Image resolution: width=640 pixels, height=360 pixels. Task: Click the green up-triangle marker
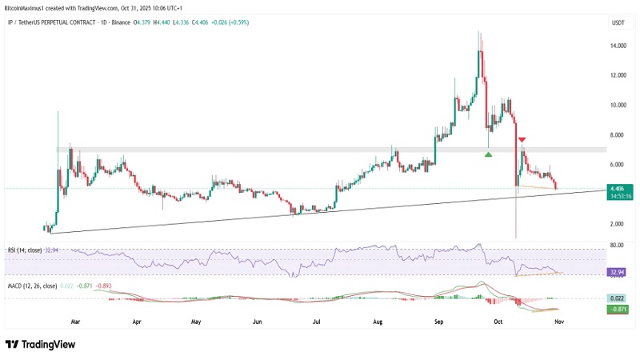(488, 153)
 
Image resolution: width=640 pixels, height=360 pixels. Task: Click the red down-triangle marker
(522, 138)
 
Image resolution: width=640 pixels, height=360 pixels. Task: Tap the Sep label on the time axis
(438, 320)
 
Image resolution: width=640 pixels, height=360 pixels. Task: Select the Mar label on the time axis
(75, 320)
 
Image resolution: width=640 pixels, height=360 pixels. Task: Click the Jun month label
(257, 320)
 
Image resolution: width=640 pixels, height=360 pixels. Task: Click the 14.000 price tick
(618, 46)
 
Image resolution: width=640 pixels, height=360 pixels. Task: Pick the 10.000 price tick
(618, 106)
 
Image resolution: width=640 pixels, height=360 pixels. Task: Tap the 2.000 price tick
(617, 224)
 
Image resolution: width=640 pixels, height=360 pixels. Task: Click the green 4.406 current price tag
(617, 189)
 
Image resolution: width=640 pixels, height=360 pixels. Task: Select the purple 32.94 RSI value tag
(617, 273)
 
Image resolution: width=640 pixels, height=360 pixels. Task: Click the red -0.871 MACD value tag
(617, 309)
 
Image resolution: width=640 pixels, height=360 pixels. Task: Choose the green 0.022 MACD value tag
(617, 298)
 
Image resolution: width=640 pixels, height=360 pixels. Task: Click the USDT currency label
(617, 22)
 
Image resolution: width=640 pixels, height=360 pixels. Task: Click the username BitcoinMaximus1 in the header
(29, 6)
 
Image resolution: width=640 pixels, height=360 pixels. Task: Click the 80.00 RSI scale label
(616, 245)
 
